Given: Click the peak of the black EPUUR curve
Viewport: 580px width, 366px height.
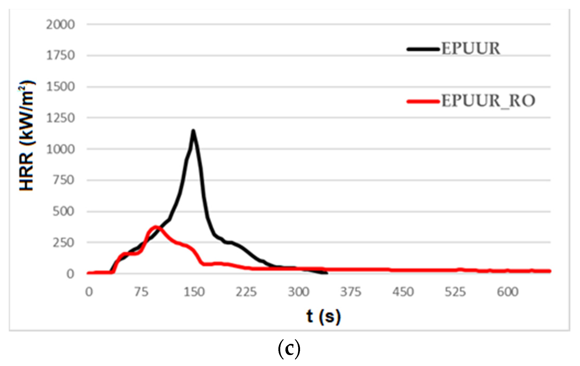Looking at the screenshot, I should coord(193,130).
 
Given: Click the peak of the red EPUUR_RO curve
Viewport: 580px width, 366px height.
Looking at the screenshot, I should coord(156,227).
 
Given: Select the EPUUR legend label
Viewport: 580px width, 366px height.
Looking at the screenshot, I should coord(471,48).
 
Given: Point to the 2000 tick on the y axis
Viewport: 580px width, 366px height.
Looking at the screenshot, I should coord(60,25).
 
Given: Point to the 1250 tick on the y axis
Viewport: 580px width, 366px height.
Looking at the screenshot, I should coord(60,118).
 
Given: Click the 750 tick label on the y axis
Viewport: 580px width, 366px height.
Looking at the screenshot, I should coord(64,180).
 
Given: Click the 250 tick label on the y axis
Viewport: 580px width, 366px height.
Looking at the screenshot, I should coord(64,243).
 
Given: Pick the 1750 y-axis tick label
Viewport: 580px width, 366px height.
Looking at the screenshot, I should coord(60,56).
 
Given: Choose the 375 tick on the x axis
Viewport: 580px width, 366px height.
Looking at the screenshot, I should coord(351,292).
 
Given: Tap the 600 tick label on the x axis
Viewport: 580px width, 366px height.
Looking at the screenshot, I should coord(508,292).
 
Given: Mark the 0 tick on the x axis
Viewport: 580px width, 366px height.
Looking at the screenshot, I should coord(89,292).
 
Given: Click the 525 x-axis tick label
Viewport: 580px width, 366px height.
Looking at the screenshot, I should coord(455,292).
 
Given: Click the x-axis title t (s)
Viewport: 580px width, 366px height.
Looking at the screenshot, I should coord(323,317).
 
